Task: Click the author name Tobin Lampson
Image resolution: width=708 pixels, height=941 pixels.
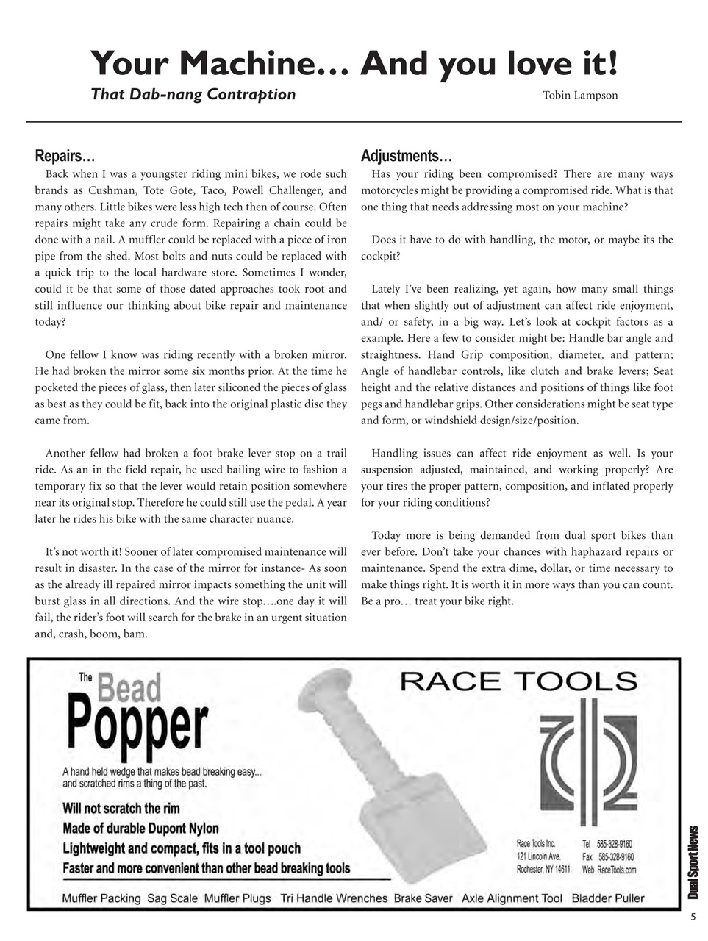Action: pyautogui.click(x=579, y=96)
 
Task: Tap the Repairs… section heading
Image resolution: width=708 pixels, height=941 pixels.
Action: pyautogui.click(x=65, y=156)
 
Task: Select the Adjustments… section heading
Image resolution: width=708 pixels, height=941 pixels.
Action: pyautogui.click(x=406, y=156)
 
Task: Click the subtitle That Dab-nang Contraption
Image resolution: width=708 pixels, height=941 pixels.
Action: pyautogui.click(x=193, y=94)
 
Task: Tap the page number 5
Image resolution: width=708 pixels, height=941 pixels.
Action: pyautogui.click(x=693, y=917)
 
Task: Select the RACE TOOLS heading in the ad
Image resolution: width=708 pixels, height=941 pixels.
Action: pyautogui.click(x=518, y=681)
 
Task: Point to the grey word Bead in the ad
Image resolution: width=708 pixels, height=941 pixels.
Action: pyautogui.click(x=129, y=688)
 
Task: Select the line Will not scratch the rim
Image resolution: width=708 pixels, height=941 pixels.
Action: pyautogui.click(x=121, y=809)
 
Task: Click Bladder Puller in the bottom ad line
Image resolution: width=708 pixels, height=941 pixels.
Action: pyautogui.click(x=607, y=898)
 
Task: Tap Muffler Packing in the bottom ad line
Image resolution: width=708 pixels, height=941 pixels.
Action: pyautogui.click(x=101, y=898)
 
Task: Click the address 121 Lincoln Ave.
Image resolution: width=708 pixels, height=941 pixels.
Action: pyautogui.click(x=539, y=856)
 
